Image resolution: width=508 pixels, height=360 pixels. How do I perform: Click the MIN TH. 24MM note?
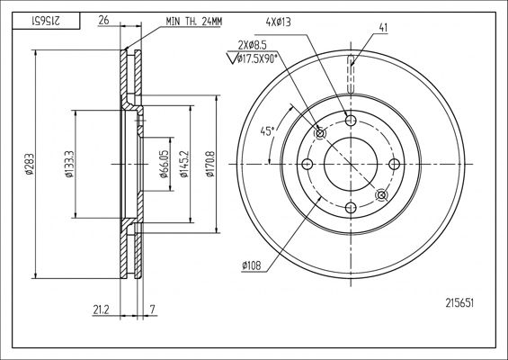(x=194, y=22)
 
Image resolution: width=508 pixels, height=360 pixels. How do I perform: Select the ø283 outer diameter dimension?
(x=30, y=165)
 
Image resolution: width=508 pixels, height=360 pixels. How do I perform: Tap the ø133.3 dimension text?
(x=70, y=164)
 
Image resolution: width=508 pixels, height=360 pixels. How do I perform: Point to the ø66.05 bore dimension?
(x=165, y=164)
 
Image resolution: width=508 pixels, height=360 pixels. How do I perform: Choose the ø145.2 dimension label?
(x=184, y=164)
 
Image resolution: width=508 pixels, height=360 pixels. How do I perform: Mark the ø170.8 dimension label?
(x=210, y=164)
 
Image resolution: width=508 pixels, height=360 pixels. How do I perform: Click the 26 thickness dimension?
(x=103, y=21)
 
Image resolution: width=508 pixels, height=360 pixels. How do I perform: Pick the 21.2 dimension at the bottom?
(x=101, y=310)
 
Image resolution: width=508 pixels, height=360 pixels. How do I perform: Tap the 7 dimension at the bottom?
(x=153, y=310)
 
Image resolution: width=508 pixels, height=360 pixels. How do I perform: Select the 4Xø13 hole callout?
(x=278, y=22)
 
